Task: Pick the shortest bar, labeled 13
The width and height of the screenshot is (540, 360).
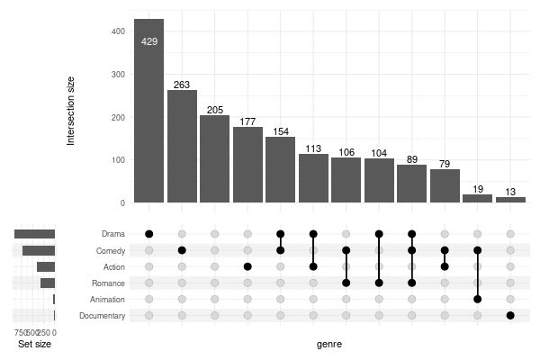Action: [x=510, y=200]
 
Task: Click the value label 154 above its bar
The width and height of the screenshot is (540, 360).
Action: [x=281, y=131]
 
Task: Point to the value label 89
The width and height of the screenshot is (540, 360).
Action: [x=412, y=159]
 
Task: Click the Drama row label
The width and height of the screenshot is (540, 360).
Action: [x=113, y=234]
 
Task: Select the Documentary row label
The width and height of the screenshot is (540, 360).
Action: [x=102, y=315]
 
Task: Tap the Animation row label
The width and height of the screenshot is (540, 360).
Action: [x=107, y=299]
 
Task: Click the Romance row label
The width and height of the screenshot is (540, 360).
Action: [x=108, y=283]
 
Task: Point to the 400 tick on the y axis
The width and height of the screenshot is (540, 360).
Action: [x=117, y=31]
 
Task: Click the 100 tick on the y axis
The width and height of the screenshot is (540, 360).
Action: [x=117, y=160]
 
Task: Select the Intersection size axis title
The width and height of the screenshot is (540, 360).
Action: [x=71, y=112]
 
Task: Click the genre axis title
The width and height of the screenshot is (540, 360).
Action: [x=329, y=344]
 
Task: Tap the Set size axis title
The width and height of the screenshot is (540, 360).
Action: [x=34, y=344]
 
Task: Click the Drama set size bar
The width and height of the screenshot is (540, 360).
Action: [x=35, y=234]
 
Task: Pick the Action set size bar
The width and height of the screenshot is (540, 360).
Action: [x=46, y=266]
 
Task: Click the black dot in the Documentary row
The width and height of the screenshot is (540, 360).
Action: [x=510, y=315]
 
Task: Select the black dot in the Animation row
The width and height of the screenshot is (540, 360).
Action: [x=478, y=299]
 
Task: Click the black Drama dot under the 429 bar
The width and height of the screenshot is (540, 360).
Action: [x=148, y=234]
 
